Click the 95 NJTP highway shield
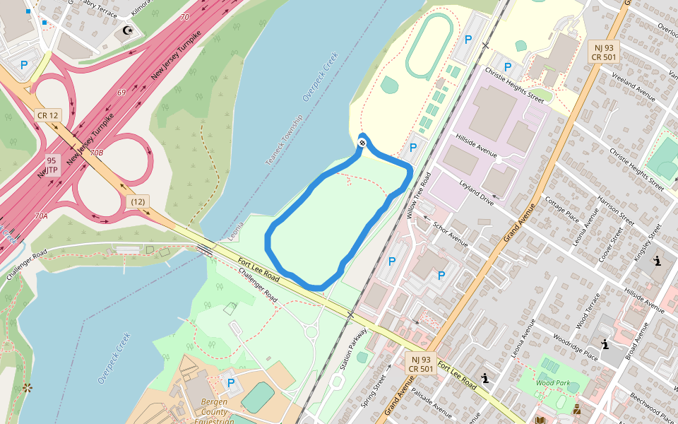51,165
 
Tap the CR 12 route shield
47,115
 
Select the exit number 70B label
96,153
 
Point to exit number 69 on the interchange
121,93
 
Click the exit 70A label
41,216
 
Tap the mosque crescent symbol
128,30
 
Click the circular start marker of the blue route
362,143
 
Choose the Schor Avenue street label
451,232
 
